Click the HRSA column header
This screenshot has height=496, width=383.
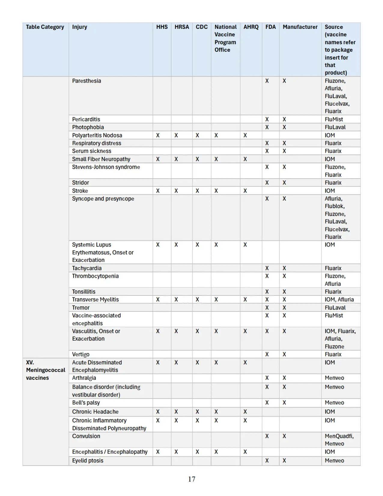click(182, 27)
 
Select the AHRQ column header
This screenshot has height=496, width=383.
click(251, 27)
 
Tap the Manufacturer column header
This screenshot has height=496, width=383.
click(300, 27)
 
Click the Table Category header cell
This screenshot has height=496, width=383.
click(45, 27)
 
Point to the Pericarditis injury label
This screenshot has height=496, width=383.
click(86, 119)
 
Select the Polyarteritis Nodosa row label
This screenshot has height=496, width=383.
click(97, 135)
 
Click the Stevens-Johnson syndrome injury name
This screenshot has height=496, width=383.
click(106, 167)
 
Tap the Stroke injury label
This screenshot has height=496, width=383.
click(80, 191)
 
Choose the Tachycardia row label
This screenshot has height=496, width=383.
click(87, 268)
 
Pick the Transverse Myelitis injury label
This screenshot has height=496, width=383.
click(95, 300)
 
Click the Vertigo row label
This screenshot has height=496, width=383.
click(81, 354)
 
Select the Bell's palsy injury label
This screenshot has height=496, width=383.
click(86, 403)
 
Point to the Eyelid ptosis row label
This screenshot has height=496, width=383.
click(87, 461)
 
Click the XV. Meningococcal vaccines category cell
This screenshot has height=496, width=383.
click(45, 370)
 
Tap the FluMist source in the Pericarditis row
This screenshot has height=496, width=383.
click(334, 119)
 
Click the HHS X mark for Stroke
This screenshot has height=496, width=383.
click(158, 191)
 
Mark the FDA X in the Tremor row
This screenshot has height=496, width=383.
click(267, 308)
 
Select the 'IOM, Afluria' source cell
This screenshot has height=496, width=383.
click(339, 300)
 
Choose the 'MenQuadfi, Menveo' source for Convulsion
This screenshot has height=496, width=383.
click(339, 440)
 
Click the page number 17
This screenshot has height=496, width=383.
click(192, 479)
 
